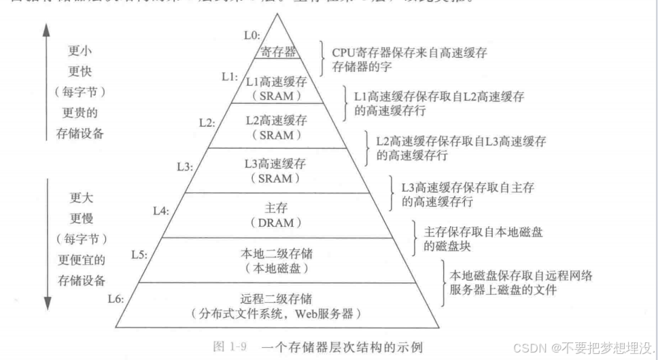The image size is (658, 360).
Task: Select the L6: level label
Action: (x=116, y=299)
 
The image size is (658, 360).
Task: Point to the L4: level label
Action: (x=160, y=211)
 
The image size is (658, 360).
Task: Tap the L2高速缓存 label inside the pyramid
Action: (x=275, y=120)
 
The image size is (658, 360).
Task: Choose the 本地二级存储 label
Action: (x=277, y=254)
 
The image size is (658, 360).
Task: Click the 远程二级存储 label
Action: (x=278, y=299)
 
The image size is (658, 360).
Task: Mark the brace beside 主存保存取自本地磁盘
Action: (x=416, y=238)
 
